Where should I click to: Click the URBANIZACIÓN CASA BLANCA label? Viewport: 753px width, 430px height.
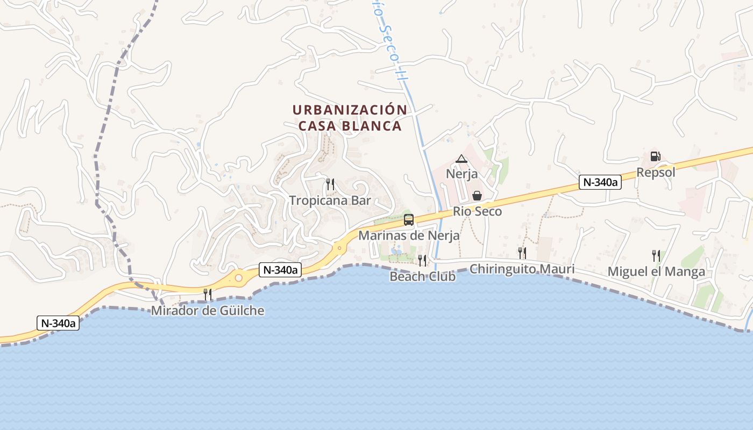click(350, 118)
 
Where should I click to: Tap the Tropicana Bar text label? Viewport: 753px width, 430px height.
click(330, 200)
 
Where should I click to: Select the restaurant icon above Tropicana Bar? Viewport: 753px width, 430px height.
click(330, 184)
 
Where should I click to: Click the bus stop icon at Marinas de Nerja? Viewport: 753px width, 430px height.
click(409, 219)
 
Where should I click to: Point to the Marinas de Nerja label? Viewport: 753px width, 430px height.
click(409, 235)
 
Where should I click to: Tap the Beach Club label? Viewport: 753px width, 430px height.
click(422, 276)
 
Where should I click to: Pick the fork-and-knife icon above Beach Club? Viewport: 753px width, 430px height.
click(422, 261)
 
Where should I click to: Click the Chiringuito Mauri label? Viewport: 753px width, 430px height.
click(522, 269)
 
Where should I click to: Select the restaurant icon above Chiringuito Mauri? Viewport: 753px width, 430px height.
click(522, 253)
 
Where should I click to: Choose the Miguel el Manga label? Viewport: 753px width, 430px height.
click(656, 271)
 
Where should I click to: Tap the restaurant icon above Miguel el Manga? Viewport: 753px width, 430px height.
click(656, 255)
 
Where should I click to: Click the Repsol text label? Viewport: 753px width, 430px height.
click(656, 173)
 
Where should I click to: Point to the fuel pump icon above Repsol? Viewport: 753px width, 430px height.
click(655, 156)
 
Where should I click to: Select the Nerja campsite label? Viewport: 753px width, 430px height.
click(461, 174)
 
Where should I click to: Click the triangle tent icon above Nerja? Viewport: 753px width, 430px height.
click(461, 159)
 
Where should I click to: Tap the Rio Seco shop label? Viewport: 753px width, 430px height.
click(477, 211)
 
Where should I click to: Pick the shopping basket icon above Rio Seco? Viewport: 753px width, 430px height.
click(477, 196)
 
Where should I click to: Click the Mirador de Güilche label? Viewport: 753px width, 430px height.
click(208, 311)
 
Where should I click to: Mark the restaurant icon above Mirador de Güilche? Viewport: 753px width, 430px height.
click(208, 295)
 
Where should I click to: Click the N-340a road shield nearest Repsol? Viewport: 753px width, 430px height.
click(600, 182)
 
